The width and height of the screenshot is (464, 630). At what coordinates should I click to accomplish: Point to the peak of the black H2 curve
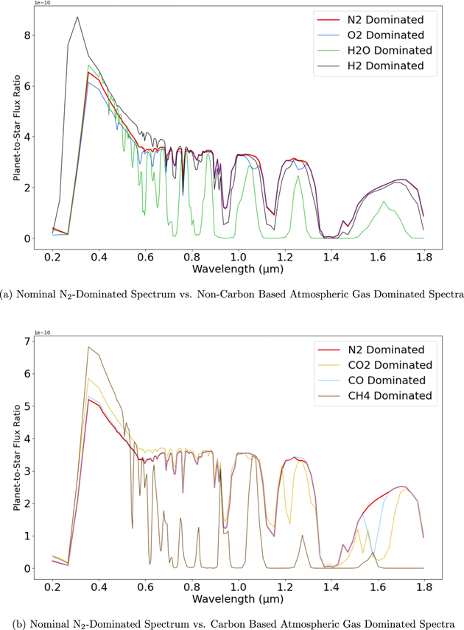click(77, 17)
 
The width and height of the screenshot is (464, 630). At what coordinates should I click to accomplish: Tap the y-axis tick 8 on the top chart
click(26, 35)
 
